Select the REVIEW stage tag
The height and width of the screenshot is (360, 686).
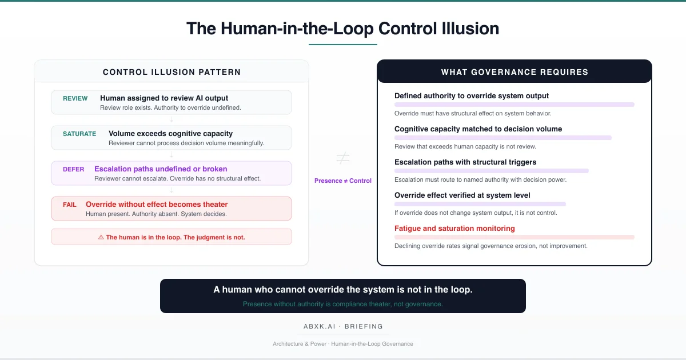coord(75,98)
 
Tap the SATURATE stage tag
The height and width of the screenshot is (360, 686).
coord(79,134)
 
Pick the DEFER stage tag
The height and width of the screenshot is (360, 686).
coord(74,169)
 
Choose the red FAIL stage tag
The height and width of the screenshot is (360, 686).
coord(70,205)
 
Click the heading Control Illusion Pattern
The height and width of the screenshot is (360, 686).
coord(171,72)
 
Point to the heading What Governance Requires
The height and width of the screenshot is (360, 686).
coord(514,72)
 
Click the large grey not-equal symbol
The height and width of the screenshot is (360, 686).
coord(343,158)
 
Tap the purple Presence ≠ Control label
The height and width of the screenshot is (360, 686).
coord(343,181)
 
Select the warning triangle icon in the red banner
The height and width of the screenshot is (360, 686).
coord(101,237)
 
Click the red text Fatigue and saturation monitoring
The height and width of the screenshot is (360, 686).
coord(454,229)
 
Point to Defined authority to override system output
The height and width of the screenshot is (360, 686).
coord(472,96)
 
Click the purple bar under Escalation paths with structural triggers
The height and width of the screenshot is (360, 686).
coord(491,171)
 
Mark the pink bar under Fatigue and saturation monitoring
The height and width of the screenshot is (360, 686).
coord(514,237)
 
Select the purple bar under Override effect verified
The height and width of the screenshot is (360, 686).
coord(480,204)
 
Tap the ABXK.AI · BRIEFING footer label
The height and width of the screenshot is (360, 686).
coord(343,327)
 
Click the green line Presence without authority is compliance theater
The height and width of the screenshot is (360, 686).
coord(343,304)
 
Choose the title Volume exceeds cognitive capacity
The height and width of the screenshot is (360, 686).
coord(170,134)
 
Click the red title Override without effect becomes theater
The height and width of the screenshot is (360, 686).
coord(157,205)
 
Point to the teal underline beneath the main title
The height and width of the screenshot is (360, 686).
coord(343,45)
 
